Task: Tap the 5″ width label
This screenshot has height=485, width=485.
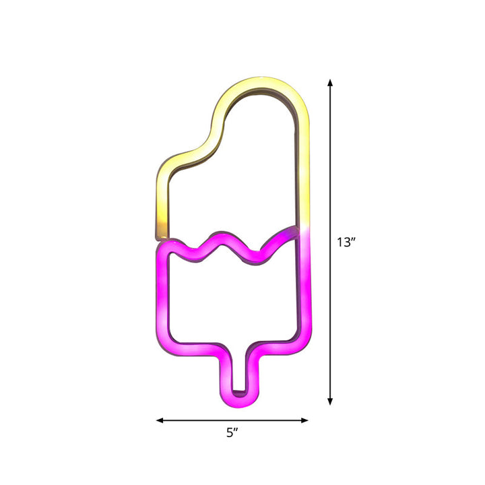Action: [x=232, y=432]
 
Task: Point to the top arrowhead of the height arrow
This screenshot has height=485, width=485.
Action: [x=330, y=83]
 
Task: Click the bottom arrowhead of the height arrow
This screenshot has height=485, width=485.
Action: [x=330, y=401]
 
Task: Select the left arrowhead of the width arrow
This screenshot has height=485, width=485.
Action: [x=160, y=420]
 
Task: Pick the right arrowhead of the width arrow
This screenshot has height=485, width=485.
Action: [x=304, y=420]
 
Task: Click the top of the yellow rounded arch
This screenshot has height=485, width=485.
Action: [x=262, y=83]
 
